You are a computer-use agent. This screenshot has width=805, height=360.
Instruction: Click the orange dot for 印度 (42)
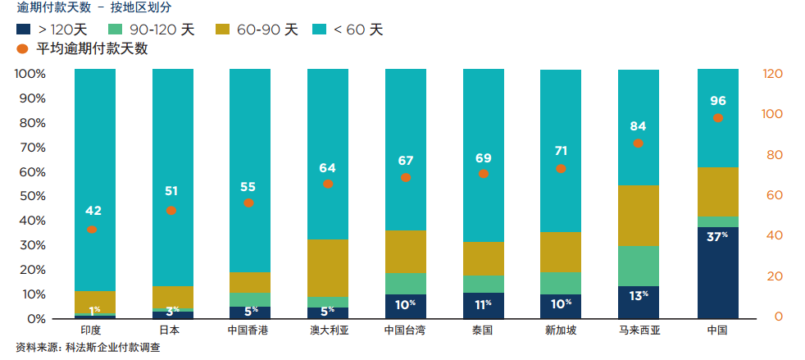[x=92, y=230]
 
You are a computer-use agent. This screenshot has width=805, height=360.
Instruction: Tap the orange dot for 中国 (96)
[x=718, y=118]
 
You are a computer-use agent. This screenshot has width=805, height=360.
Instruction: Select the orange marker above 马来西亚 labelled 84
[x=639, y=144]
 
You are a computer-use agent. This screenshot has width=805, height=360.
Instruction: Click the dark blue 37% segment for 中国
[x=718, y=272]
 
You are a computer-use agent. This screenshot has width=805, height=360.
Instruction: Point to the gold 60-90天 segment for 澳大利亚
[x=327, y=267]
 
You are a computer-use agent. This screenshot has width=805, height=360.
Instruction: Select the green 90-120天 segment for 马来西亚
[x=639, y=266]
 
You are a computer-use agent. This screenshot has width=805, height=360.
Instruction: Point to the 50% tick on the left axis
[x=30, y=196]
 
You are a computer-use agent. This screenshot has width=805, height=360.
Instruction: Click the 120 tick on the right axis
[x=774, y=74]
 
